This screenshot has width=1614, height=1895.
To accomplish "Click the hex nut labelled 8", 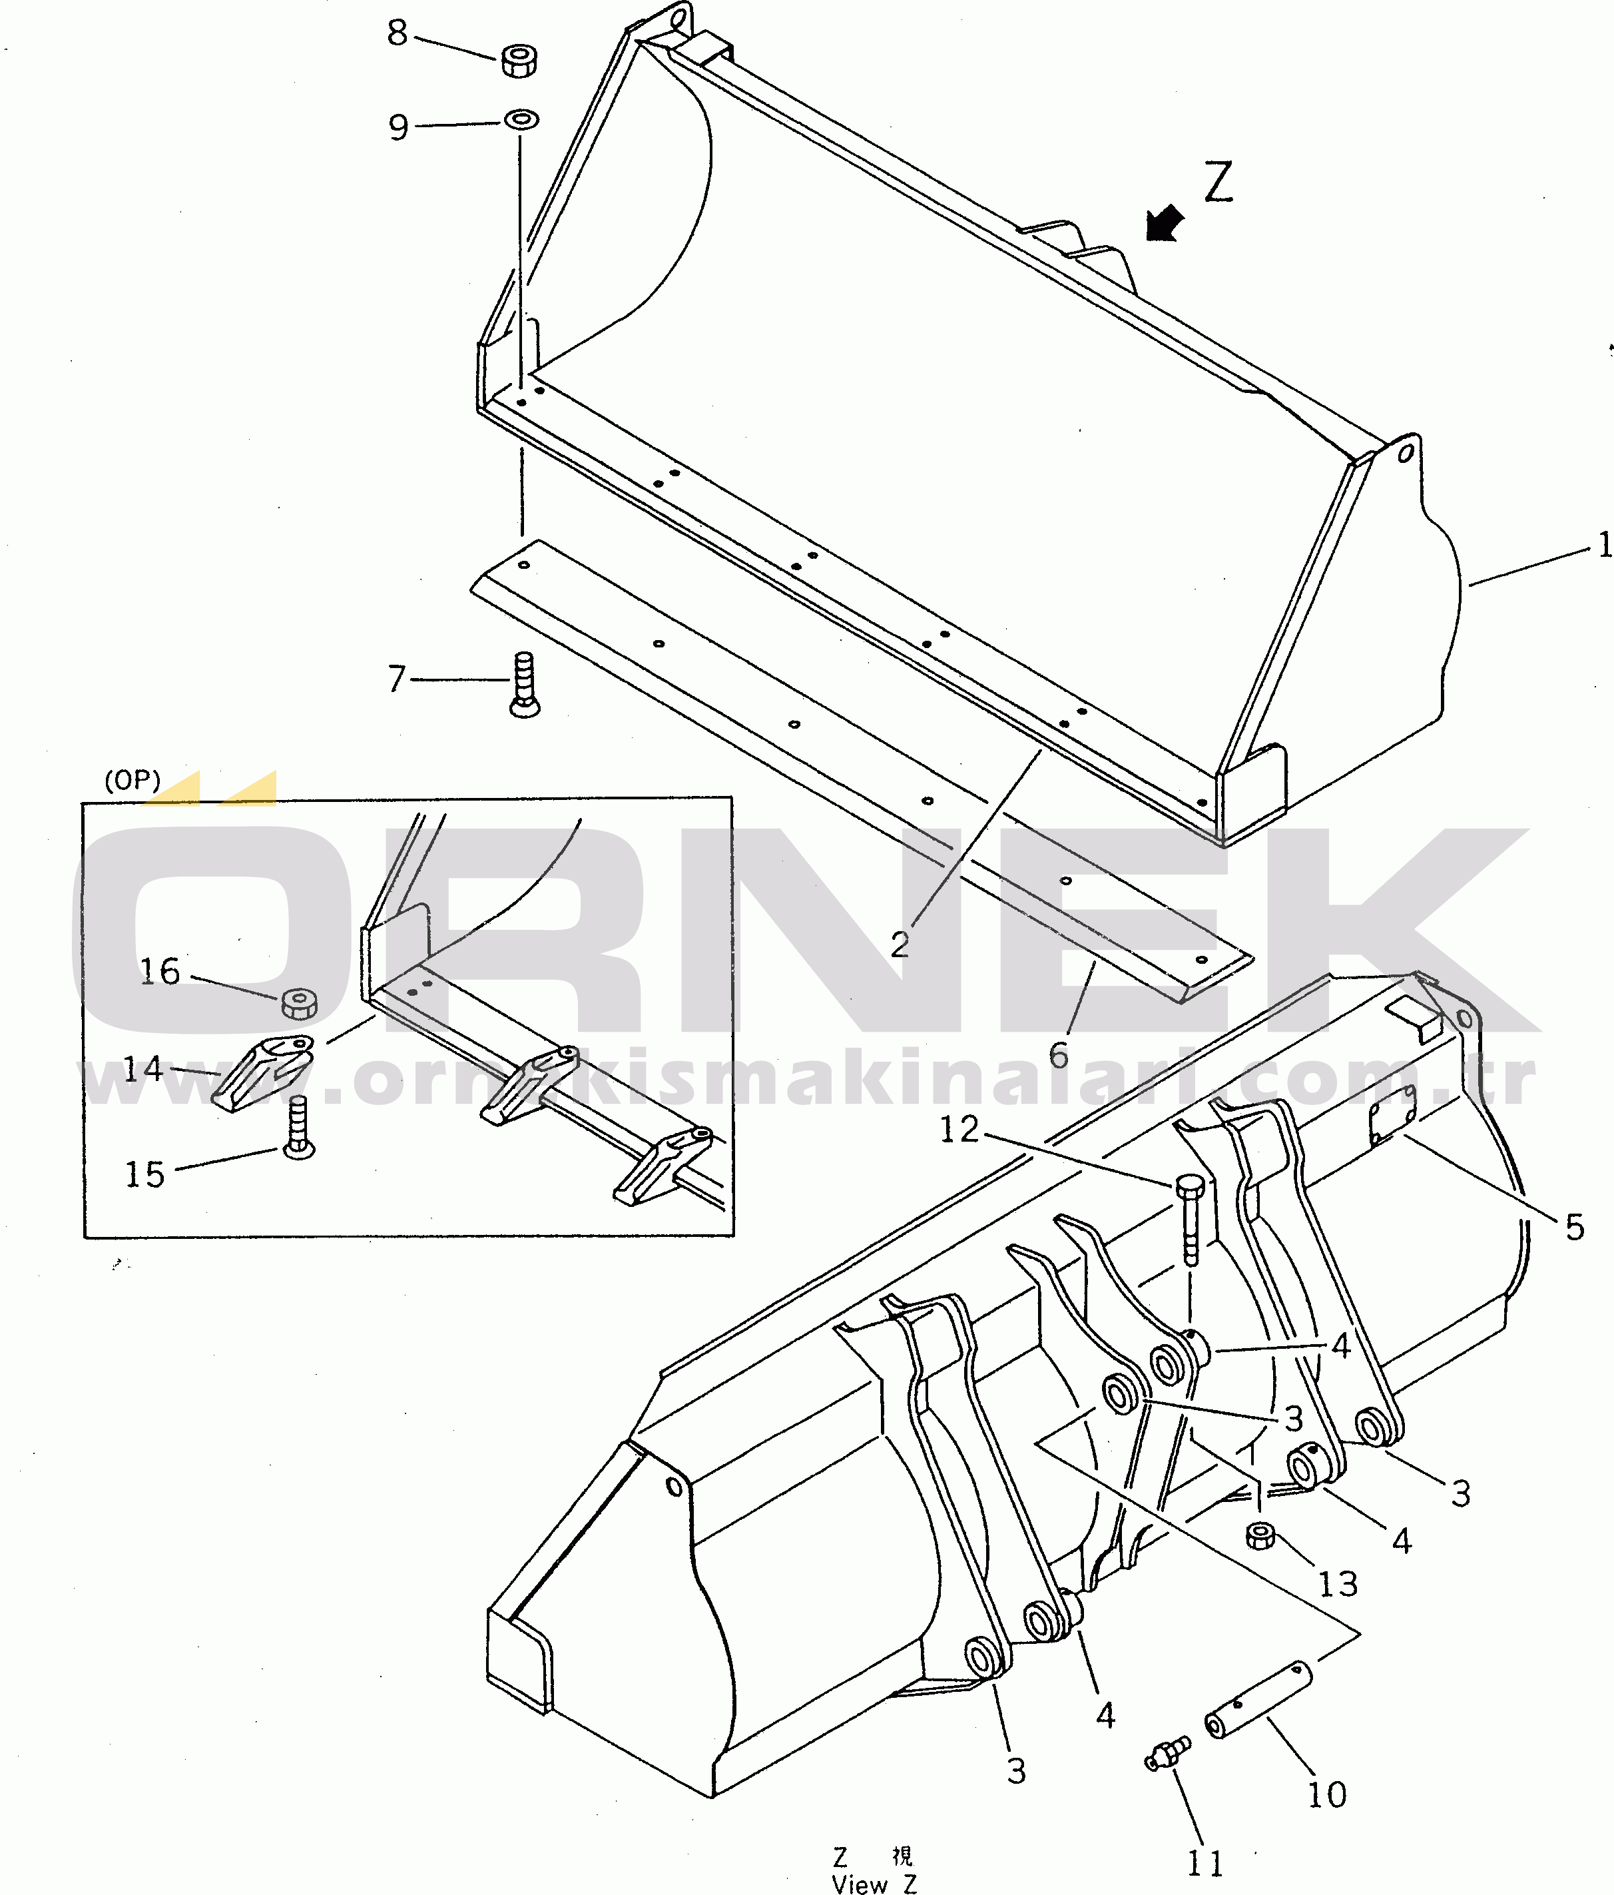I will click(519, 61).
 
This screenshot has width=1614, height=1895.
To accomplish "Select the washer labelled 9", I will click(522, 120).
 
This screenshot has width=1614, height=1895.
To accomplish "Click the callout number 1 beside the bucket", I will click(1603, 547).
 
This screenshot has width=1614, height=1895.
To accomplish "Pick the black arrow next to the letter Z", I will click(1164, 224).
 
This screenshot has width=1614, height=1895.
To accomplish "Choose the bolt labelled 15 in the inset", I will click(298, 1130).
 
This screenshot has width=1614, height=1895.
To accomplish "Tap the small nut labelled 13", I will click(1260, 1535).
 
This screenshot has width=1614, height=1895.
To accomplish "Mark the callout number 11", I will click(1205, 1863).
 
